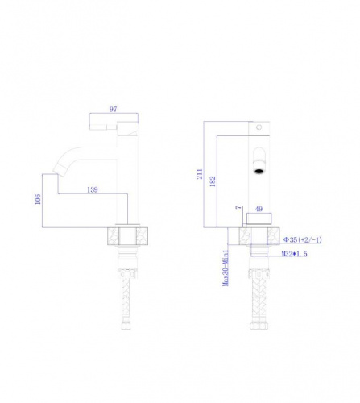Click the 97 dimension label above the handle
tap(114, 109)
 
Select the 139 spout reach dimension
tap(93, 189)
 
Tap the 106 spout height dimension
tap(38, 199)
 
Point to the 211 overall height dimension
tap(200, 174)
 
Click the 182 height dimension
tap(213, 181)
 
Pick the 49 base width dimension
tap(259, 209)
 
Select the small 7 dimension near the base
tap(238, 208)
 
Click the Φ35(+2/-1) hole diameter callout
tap(303, 239)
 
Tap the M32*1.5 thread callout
tap(294, 254)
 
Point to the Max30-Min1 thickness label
tap(226, 268)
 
